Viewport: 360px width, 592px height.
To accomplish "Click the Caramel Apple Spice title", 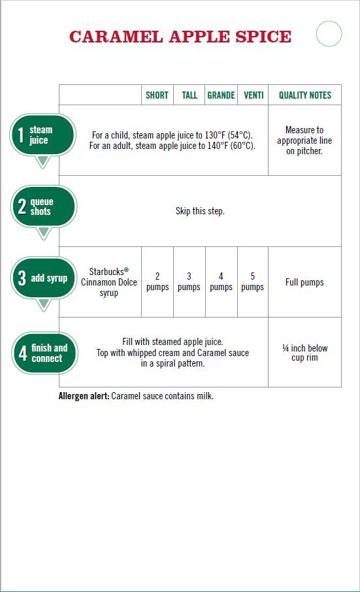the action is tap(180, 37).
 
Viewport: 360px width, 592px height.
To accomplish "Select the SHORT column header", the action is tap(157, 95).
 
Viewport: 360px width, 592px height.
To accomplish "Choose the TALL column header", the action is tap(189, 95).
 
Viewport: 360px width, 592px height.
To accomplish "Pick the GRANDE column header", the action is tap(221, 95).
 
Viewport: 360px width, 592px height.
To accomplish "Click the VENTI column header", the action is tap(254, 95).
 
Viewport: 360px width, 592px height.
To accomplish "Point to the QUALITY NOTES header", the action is tap(305, 95).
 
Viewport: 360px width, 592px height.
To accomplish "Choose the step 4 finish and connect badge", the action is tap(44, 353).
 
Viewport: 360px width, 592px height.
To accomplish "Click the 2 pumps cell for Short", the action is tap(157, 282).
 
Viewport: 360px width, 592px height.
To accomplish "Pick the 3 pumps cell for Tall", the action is tap(189, 282).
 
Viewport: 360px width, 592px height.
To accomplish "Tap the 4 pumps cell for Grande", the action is tap(221, 282).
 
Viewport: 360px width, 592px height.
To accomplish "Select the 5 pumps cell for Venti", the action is tap(252, 282).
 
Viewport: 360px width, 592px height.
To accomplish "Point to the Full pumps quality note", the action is tap(304, 282).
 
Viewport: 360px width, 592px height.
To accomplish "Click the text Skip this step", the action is tap(200, 210).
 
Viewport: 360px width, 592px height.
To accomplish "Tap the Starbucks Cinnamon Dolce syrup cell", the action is tap(108, 282).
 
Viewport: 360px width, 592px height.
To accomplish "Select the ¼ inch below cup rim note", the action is tap(305, 353).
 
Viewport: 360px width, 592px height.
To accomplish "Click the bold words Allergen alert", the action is tap(84, 396).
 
